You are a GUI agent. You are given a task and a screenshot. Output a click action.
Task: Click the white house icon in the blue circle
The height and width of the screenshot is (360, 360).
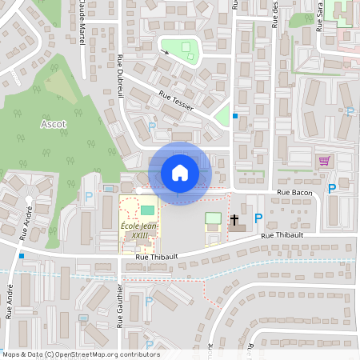(x=179, y=172)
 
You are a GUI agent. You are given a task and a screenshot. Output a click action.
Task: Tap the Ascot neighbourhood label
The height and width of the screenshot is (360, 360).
(x=54, y=125)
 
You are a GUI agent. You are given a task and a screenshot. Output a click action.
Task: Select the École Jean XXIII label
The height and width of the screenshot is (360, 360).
(x=138, y=231)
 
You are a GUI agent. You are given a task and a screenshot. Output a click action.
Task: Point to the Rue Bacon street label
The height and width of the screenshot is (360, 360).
(x=294, y=193)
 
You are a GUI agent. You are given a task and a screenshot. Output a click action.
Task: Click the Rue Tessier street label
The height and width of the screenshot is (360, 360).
(x=176, y=100)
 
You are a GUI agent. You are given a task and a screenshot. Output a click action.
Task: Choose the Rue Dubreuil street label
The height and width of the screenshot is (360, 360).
(x=122, y=75)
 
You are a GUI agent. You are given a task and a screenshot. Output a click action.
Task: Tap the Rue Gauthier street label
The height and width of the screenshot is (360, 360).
(x=119, y=306)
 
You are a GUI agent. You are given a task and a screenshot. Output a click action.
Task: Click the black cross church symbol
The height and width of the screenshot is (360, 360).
(x=235, y=218)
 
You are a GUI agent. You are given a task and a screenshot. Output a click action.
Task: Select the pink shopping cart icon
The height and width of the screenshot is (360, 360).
(x=324, y=161)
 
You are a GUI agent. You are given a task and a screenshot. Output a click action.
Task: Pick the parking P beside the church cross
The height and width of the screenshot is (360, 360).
(x=258, y=218)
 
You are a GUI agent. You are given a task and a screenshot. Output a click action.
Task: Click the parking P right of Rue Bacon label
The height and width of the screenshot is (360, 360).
(x=331, y=189)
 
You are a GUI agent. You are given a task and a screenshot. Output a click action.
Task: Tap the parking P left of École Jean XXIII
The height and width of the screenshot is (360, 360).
(x=89, y=196)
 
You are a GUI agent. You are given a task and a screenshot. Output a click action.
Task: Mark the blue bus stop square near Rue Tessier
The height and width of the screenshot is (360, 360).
(x=234, y=116)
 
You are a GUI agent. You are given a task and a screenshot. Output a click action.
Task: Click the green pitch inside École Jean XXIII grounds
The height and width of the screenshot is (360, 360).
(x=148, y=210)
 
